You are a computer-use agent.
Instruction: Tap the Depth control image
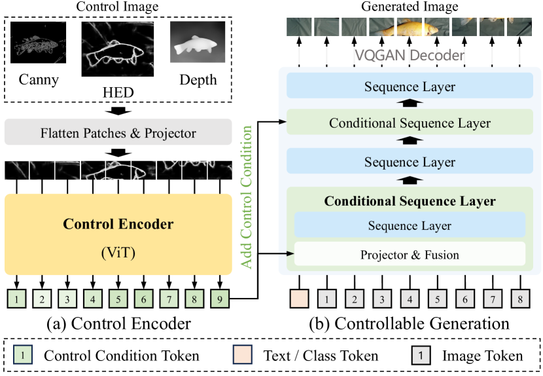click(197, 43)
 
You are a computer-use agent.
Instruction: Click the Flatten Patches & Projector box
click(118, 134)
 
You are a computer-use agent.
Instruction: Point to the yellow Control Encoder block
click(118, 234)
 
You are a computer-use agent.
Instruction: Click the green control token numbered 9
click(219, 299)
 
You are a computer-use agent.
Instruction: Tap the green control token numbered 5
click(118, 299)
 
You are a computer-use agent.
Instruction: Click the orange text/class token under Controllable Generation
click(298, 299)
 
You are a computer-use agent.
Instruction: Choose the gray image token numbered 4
click(410, 299)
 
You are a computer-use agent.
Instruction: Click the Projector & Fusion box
click(410, 254)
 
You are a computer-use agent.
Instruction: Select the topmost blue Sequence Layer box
click(410, 86)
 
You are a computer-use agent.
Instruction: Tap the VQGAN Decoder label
click(410, 56)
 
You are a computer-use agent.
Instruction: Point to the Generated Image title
click(410, 7)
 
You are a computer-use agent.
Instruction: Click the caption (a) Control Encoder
click(118, 324)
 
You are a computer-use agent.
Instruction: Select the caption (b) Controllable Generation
click(410, 324)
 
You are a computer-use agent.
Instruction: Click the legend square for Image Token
click(421, 356)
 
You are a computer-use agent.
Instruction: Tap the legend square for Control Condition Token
click(23, 356)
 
